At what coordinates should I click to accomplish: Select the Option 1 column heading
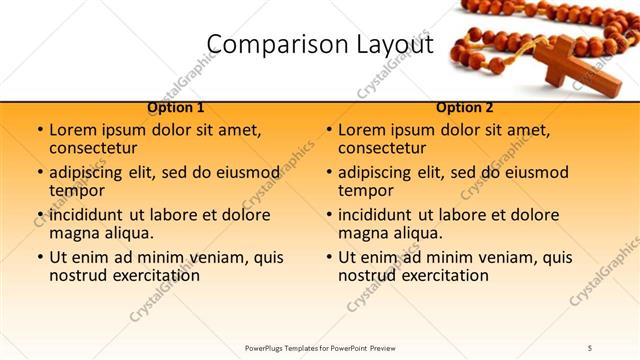[176, 107]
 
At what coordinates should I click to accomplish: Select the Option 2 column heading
[465, 107]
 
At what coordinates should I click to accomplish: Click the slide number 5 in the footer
[590, 347]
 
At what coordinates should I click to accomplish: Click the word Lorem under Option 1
[74, 130]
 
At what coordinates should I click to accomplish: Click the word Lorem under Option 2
[363, 130]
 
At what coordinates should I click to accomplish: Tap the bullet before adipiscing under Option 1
[40, 173]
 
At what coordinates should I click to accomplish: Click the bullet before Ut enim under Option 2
[329, 258]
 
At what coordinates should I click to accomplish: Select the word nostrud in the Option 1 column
[77, 275]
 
